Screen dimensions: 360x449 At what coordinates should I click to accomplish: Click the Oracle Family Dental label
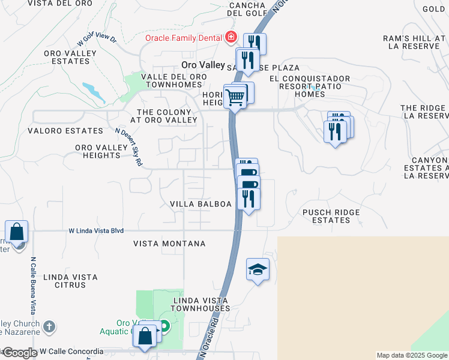point(184,38)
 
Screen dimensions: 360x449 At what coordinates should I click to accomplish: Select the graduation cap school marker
point(258,271)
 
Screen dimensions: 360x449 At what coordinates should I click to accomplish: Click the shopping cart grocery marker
point(235,96)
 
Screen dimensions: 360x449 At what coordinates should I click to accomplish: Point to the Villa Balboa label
point(200,204)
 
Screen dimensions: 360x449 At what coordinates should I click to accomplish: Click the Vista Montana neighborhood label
point(169,244)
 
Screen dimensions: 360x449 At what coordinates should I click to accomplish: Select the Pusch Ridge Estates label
point(327,216)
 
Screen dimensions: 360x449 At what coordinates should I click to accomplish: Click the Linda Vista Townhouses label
point(200,304)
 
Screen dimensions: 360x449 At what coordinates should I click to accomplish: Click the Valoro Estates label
point(65,130)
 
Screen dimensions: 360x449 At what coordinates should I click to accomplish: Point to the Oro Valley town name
point(203,65)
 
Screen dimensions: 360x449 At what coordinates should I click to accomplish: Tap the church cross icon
point(49,327)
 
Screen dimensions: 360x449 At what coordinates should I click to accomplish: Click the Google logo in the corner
point(19,353)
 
